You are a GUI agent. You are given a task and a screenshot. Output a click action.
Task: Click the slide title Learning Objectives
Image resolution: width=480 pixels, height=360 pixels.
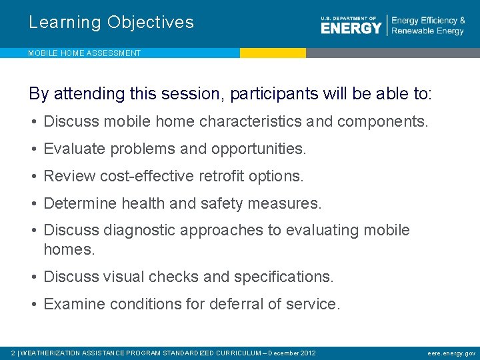tap(111, 23)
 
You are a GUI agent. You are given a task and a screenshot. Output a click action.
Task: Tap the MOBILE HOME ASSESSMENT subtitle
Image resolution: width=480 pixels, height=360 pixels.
tap(84, 53)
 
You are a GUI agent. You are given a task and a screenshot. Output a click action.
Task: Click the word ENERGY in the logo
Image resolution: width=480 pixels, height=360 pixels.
tap(351, 28)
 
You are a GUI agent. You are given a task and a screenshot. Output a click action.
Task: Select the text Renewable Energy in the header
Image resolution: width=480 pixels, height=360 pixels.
tap(427, 31)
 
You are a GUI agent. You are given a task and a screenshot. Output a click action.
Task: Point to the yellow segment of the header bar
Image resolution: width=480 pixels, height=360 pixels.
tap(273, 53)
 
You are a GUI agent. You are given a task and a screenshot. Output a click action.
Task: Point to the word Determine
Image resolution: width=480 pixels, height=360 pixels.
tap(76, 203)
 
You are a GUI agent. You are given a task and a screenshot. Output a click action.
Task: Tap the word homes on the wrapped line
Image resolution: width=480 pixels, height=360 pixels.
tap(67, 249)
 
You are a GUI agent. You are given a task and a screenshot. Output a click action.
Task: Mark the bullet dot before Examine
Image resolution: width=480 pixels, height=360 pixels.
tap(33, 305)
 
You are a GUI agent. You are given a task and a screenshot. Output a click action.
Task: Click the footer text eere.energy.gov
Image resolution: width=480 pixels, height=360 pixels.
tap(452, 353)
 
